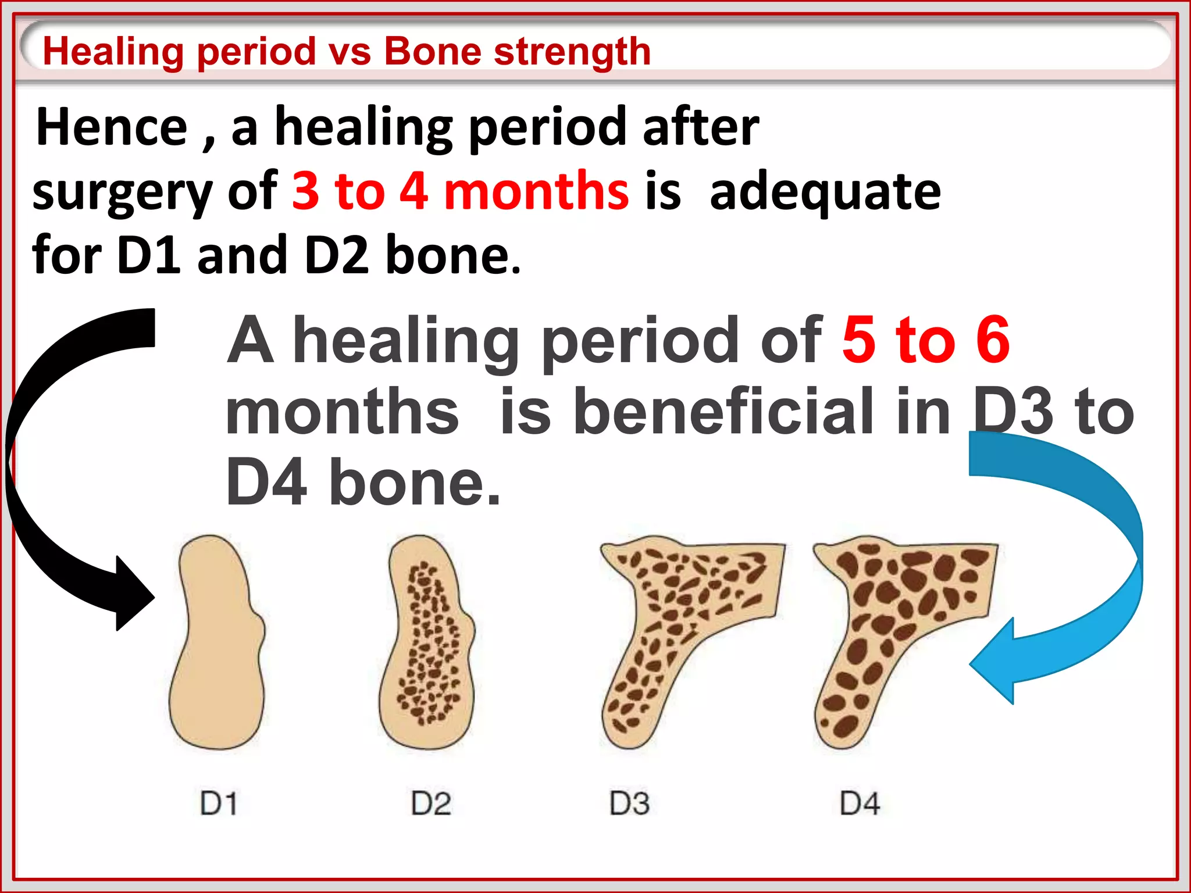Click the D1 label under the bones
click(x=219, y=804)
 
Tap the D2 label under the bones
click(x=431, y=804)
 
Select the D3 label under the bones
click(x=629, y=804)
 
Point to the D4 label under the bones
click(x=860, y=804)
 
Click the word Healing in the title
click(x=113, y=51)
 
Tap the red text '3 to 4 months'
click(x=459, y=191)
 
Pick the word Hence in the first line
click(x=112, y=127)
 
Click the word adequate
click(x=825, y=192)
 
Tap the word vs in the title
click(x=350, y=51)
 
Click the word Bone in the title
click(x=433, y=51)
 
